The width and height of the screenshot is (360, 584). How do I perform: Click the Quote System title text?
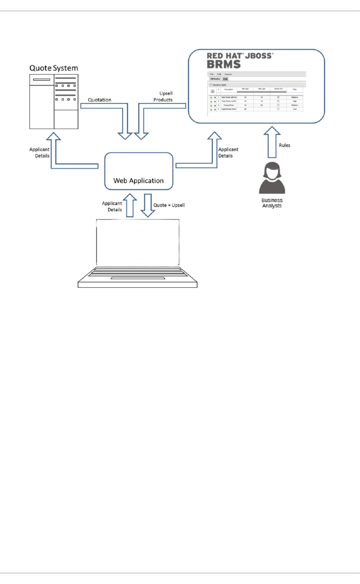pos(54,68)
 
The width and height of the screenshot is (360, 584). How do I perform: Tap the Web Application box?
pos(139,171)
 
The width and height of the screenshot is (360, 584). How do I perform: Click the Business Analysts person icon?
pos(272,178)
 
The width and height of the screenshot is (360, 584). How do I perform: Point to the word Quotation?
pos(100,100)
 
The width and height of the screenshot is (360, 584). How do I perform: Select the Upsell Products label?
pos(163,97)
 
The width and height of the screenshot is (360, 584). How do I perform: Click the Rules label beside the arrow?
pos(284,145)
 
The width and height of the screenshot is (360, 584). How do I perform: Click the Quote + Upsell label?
pos(169,205)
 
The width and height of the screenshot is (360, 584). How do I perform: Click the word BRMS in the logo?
pos(224,65)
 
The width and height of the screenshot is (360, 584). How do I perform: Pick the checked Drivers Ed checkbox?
pos(278,97)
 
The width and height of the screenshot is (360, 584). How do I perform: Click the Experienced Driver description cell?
pos(229,109)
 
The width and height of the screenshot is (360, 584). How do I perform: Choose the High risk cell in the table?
pos(295,101)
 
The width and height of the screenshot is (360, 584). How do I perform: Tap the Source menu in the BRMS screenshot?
pos(228,74)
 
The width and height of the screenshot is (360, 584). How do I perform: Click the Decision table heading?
pos(219,85)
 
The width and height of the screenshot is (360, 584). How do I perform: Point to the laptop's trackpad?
pos(138,278)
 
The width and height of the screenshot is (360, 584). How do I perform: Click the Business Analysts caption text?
pos(272,203)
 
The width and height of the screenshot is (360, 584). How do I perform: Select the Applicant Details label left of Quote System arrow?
pos(40,153)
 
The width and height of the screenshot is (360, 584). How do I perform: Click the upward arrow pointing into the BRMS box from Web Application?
pos(214,148)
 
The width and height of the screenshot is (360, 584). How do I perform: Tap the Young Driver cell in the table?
pos(229,105)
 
